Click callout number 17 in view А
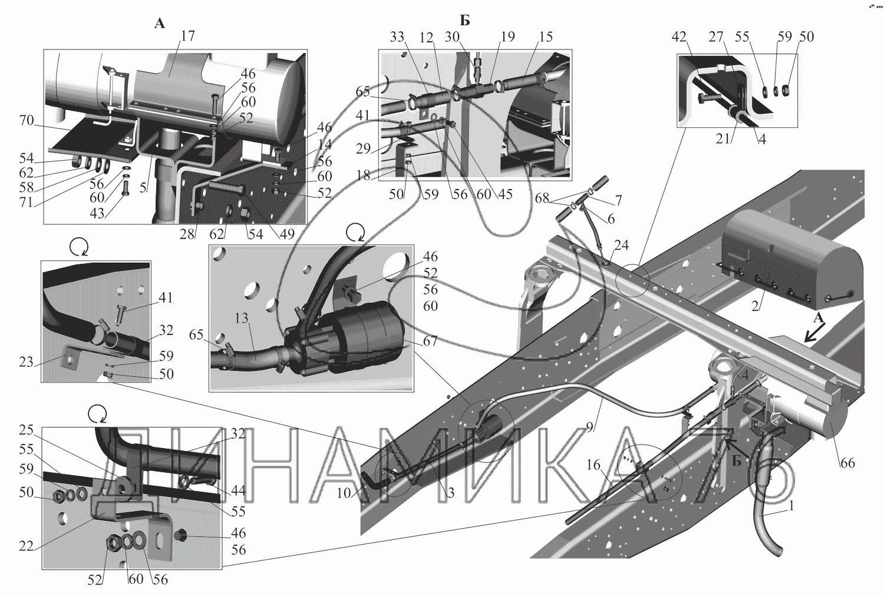[188, 37]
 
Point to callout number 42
[681, 37]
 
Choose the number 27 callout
[715, 37]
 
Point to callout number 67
[430, 341]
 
